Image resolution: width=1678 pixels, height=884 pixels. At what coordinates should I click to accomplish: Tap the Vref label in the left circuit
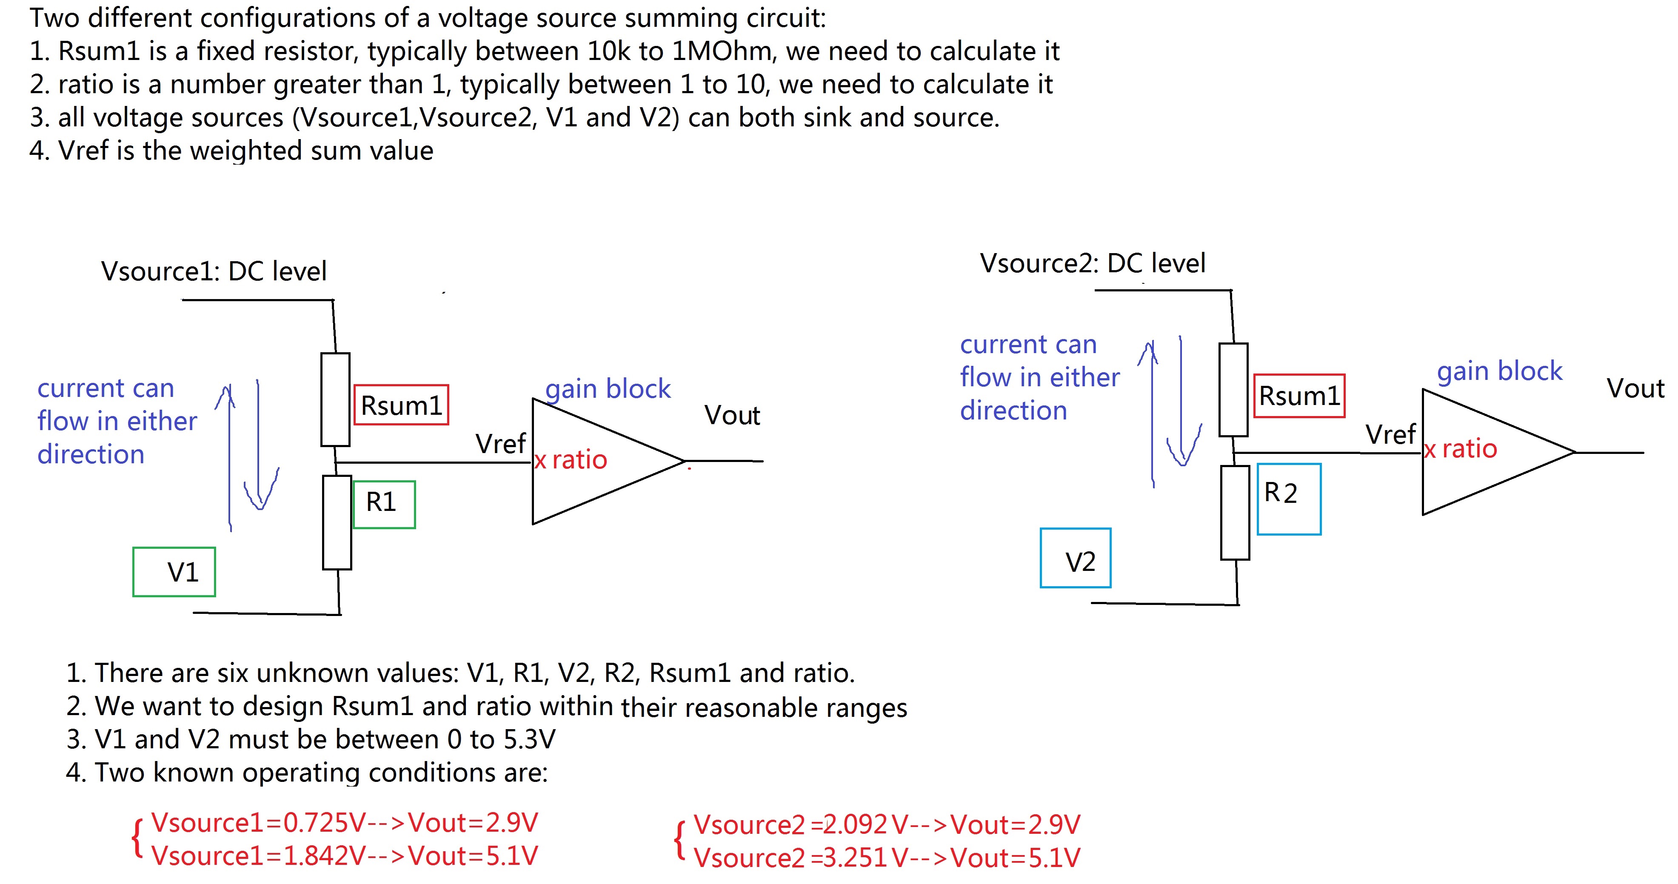point(500,444)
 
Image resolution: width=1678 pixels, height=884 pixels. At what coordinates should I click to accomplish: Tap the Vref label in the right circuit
point(1391,434)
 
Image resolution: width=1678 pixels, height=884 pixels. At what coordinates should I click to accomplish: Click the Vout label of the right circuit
point(1635,388)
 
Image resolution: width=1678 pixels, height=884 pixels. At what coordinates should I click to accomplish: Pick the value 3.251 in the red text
point(855,858)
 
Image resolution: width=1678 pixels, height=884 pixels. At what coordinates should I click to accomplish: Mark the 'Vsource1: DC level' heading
point(214,271)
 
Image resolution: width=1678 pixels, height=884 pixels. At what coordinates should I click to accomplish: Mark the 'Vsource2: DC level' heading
point(1093,263)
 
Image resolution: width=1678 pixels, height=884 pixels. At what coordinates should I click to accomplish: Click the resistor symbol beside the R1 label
point(337,522)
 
